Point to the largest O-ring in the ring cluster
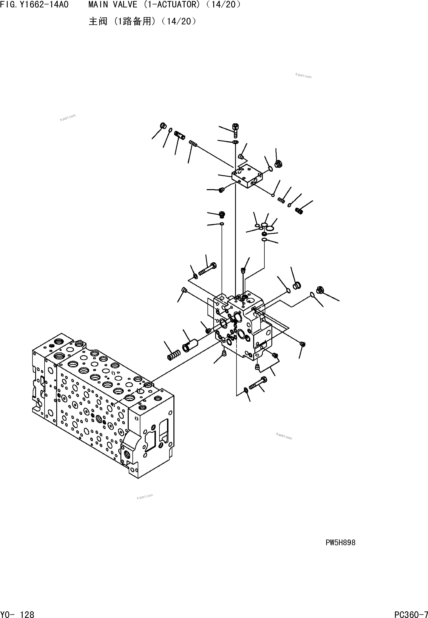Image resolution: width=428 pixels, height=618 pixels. coord(270,228)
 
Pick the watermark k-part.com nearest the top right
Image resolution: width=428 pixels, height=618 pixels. coord(303,76)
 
